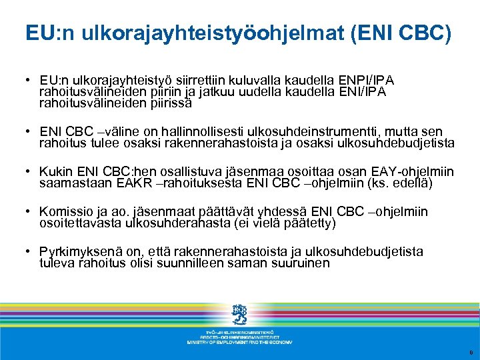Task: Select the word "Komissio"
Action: pos(67,212)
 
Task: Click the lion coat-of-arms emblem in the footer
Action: pos(239,314)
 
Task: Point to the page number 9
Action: pos(470,352)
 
